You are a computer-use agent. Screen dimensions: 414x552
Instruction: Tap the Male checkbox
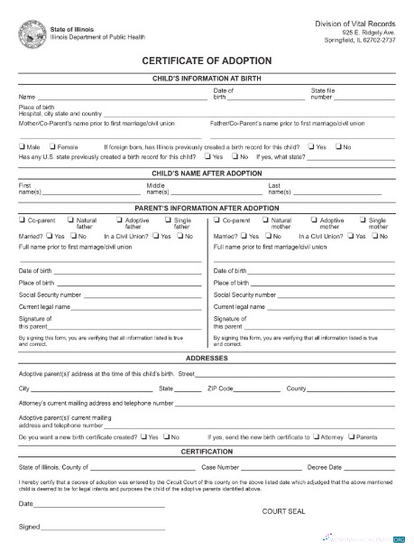pyautogui.click(x=22, y=146)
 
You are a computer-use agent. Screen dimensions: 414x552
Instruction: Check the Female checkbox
pyautogui.click(x=54, y=146)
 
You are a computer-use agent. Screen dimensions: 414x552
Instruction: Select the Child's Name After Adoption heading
pyautogui.click(x=207, y=172)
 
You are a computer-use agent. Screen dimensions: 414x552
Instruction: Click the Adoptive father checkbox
pyautogui.click(x=120, y=220)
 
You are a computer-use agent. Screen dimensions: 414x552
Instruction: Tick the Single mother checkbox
pyautogui.click(x=363, y=220)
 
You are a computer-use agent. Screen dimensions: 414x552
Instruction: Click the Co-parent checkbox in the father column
pyautogui.click(x=22, y=220)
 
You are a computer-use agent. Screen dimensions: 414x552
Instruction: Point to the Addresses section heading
pyautogui.click(x=207, y=358)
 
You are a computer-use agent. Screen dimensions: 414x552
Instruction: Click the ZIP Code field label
pyautogui.click(x=221, y=388)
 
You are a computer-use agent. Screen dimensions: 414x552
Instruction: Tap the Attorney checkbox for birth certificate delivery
pyautogui.click(x=315, y=436)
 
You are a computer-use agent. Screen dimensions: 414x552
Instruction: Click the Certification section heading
pyautogui.click(x=207, y=451)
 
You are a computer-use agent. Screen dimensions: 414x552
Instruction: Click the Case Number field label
pyautogui.click(x=220, y=467)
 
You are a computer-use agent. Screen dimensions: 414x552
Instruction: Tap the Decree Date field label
pyautogui.click(x=325, y=467)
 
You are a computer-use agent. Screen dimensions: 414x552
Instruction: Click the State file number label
pyautogui.click(x=324, y=94)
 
